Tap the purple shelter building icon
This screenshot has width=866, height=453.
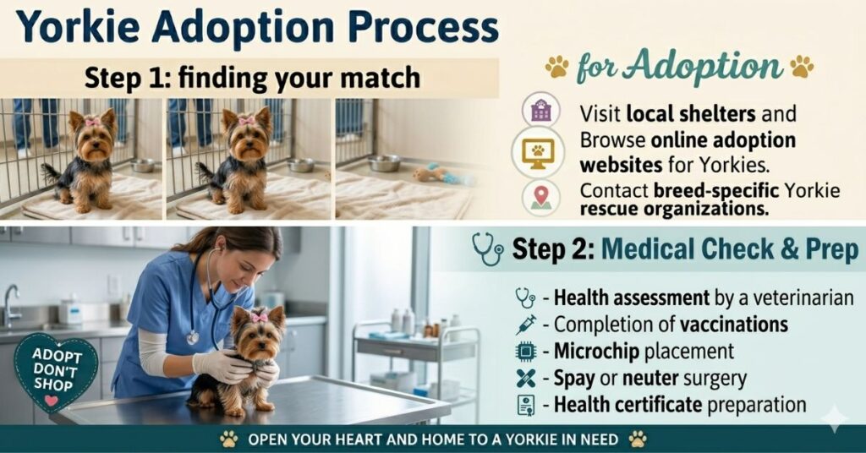[540, 111]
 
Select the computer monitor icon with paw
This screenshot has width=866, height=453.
[537, 152]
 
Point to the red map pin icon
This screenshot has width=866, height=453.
[540, 197]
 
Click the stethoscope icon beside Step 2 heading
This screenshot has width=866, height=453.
[488, 248]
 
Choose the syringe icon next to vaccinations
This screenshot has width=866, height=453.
[526, 325]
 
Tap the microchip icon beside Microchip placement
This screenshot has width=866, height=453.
[526, 352]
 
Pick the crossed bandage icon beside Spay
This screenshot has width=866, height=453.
[526, 378]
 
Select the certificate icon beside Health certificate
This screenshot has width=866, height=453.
[526, 405]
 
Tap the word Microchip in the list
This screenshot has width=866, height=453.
[596, 352]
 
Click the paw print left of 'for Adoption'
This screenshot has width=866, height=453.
[556, 67]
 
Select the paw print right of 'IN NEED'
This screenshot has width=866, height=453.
[638, 439]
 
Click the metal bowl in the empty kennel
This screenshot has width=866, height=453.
[385, 163]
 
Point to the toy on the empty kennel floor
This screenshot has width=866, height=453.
[441, 174]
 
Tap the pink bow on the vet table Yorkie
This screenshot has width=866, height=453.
[259, 317]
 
